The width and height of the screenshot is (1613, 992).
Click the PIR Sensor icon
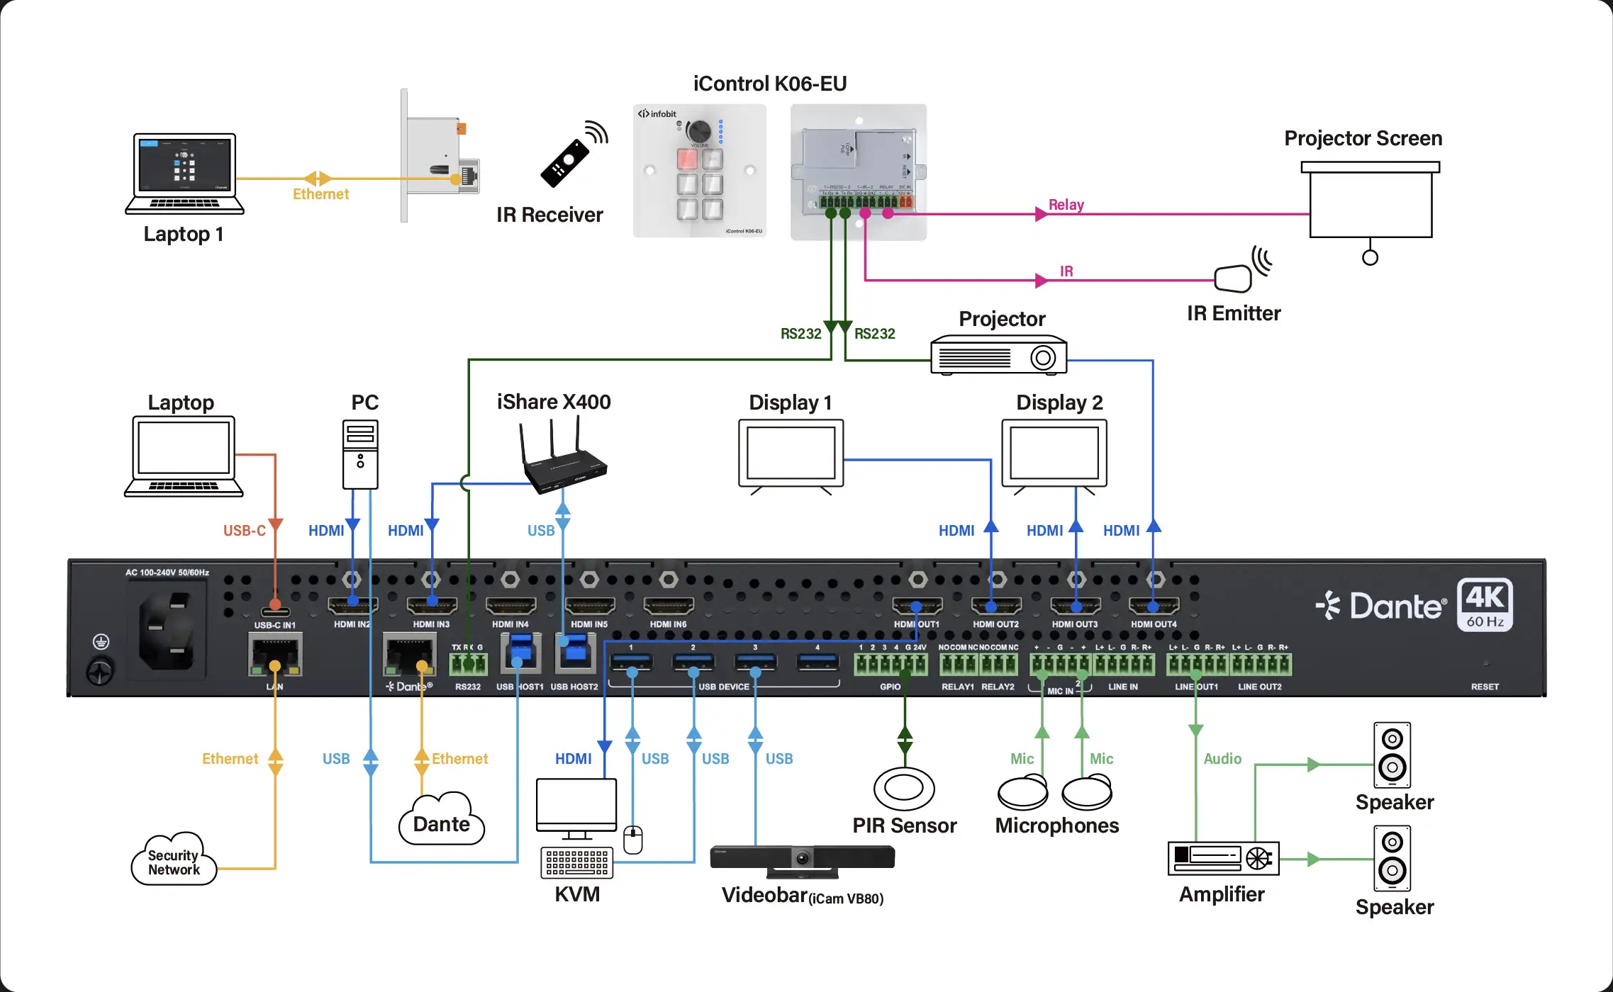tap(904, 788)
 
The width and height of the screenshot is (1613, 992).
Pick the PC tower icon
tap(360, 454)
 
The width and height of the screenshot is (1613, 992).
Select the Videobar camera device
tap(802, 859)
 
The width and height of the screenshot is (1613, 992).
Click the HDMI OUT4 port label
tap(1154, 624)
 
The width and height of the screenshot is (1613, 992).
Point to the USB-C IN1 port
tap(275, 611)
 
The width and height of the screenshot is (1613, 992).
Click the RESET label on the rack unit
tap(1485, 687)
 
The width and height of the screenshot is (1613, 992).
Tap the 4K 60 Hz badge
tap(1485, 604)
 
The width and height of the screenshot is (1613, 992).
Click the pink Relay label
tap(1066, 205)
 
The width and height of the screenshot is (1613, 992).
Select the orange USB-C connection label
tap(244, 531)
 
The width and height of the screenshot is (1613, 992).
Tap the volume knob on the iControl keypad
tap(699, 131)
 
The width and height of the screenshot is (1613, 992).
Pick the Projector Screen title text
tap(1363, 138)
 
